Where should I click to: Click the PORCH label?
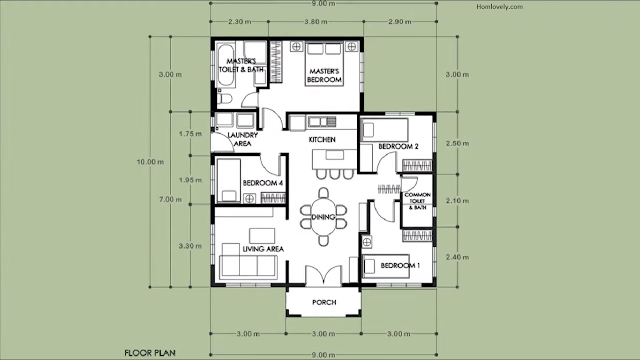(324, 302)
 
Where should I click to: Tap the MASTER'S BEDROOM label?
(324, 76)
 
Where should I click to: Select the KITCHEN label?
(322, 140)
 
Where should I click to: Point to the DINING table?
(323, 217)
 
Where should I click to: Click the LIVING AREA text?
(263, 249)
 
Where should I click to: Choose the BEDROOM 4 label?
(263, 183)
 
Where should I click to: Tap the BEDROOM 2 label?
(398, 147)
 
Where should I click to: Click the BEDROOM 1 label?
(400, 266)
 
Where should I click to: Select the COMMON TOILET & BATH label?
(418, 201)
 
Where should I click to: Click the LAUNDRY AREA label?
(242, 139)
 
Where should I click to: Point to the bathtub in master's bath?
(226, 65)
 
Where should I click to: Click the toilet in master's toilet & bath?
(224, 98)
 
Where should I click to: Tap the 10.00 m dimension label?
(150, 162)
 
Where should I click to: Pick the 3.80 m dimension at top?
(316, 22)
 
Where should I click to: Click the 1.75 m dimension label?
(190, 134)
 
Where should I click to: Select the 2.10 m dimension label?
(457, 201)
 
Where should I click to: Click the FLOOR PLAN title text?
(150, 353)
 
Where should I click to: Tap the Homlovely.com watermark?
(500, 7)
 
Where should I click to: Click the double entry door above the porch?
(324, 275)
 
